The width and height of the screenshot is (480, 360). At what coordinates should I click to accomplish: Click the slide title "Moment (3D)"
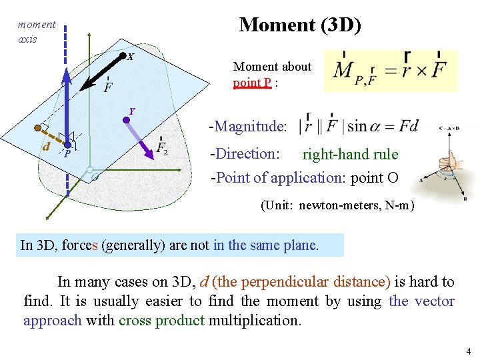(x=300, y=25)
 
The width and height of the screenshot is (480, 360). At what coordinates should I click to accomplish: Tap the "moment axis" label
(x=36, y=31)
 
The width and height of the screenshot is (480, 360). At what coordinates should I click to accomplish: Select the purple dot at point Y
(x=125, y=121)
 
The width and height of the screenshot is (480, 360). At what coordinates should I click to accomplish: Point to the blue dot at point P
(x=68, y=144)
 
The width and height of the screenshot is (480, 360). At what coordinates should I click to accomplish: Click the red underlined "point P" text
(x=252, y=83)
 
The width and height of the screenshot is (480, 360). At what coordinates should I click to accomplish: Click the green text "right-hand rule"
(x=350, y=155)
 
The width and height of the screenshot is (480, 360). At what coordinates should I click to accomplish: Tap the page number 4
(x=469, y=351)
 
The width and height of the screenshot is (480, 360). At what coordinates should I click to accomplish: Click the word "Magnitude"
(x=250, y=126)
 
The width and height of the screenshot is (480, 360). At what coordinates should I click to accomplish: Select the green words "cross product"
(x=161, y=320)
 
